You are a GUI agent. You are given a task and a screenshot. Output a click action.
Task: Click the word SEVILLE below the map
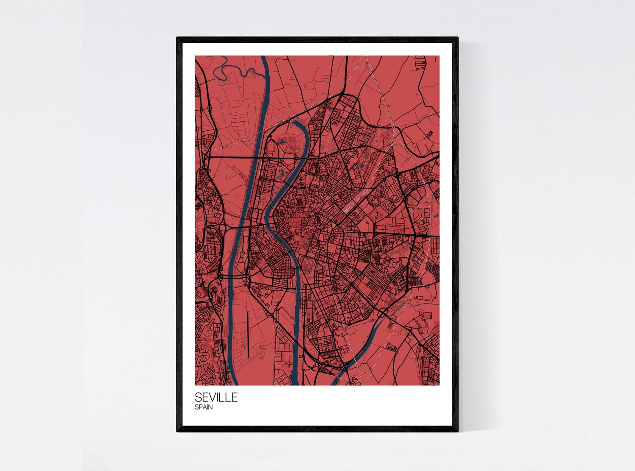tap(216, 398)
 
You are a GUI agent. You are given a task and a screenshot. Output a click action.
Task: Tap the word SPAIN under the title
tap(204, 408)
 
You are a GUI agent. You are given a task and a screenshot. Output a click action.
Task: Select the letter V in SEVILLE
tap(213, 398)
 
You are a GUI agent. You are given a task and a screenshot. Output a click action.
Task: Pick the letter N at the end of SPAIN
tap(210, 408)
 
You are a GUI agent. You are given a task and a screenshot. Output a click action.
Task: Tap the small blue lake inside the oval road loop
tap(282, 142)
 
